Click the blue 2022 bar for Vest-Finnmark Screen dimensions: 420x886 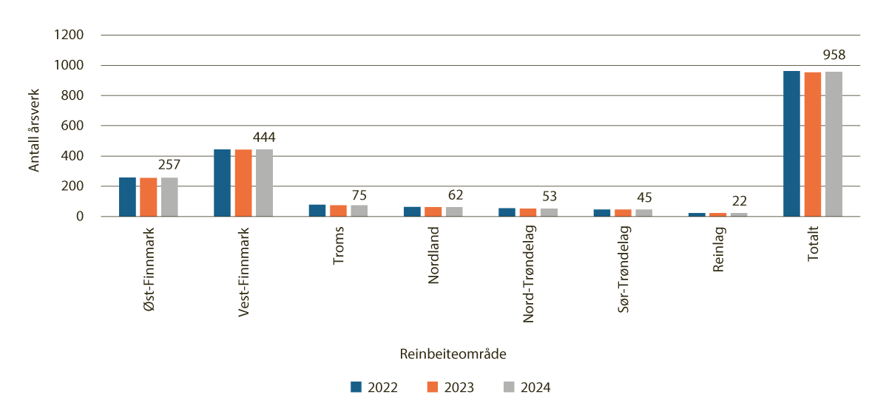pos(223,183)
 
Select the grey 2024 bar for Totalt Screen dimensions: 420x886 pos(833,144)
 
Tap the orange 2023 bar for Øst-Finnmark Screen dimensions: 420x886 pos(149,197)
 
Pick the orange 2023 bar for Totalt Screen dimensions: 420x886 pos(813,144)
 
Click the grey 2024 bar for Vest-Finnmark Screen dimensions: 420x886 pos(264,183)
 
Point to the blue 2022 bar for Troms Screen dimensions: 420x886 pos(317,211)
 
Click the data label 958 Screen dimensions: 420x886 pos(833,54)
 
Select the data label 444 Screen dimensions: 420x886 pos(264,137)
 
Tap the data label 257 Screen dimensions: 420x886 pos(169,165)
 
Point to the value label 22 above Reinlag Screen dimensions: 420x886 pos(740,201)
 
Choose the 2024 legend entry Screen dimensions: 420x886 pos(527,387)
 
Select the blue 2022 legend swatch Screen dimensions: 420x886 pos(356,387)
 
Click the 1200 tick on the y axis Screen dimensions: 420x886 pos(69,35)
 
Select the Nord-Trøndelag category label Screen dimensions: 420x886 pos(529,274)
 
